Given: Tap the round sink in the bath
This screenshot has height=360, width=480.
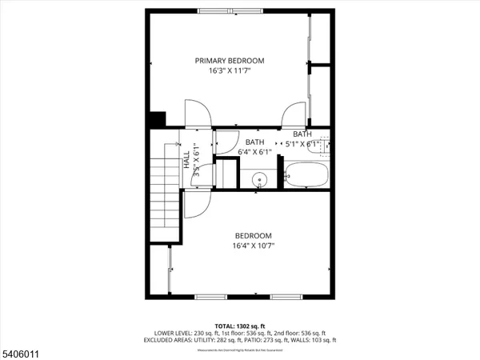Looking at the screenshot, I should click(259, 180).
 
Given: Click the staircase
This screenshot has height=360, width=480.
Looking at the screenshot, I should click(164, 192).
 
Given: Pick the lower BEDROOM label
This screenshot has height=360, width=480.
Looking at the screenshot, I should click(253, 235).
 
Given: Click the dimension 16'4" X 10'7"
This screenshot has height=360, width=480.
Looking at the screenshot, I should click(253, 246).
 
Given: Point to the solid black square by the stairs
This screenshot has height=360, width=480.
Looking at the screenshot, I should click(156, 118).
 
